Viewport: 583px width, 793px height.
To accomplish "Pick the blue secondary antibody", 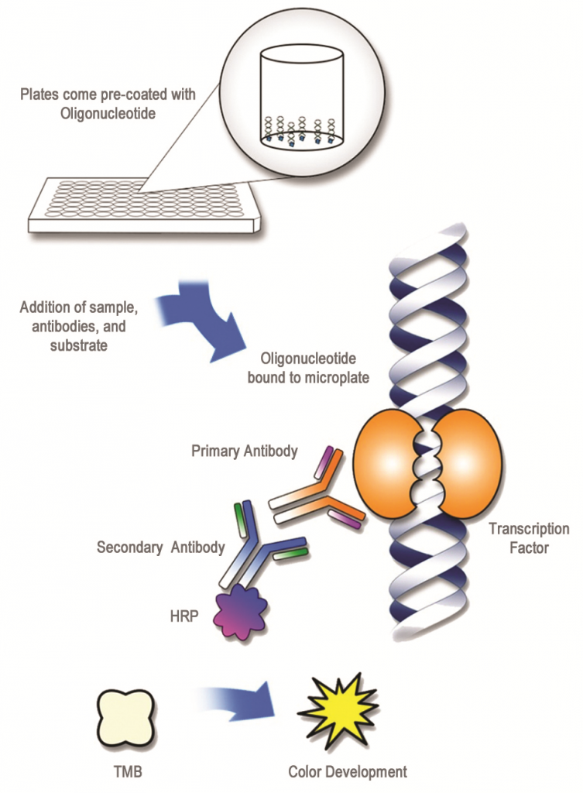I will tap(263, 546).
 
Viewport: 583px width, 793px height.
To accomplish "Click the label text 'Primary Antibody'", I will tap(244, 451).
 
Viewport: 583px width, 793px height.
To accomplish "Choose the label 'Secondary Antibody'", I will tap(160, 548).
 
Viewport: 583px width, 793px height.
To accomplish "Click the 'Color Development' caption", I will tap(347, 771).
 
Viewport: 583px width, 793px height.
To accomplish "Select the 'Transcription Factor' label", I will tap(529, 538).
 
